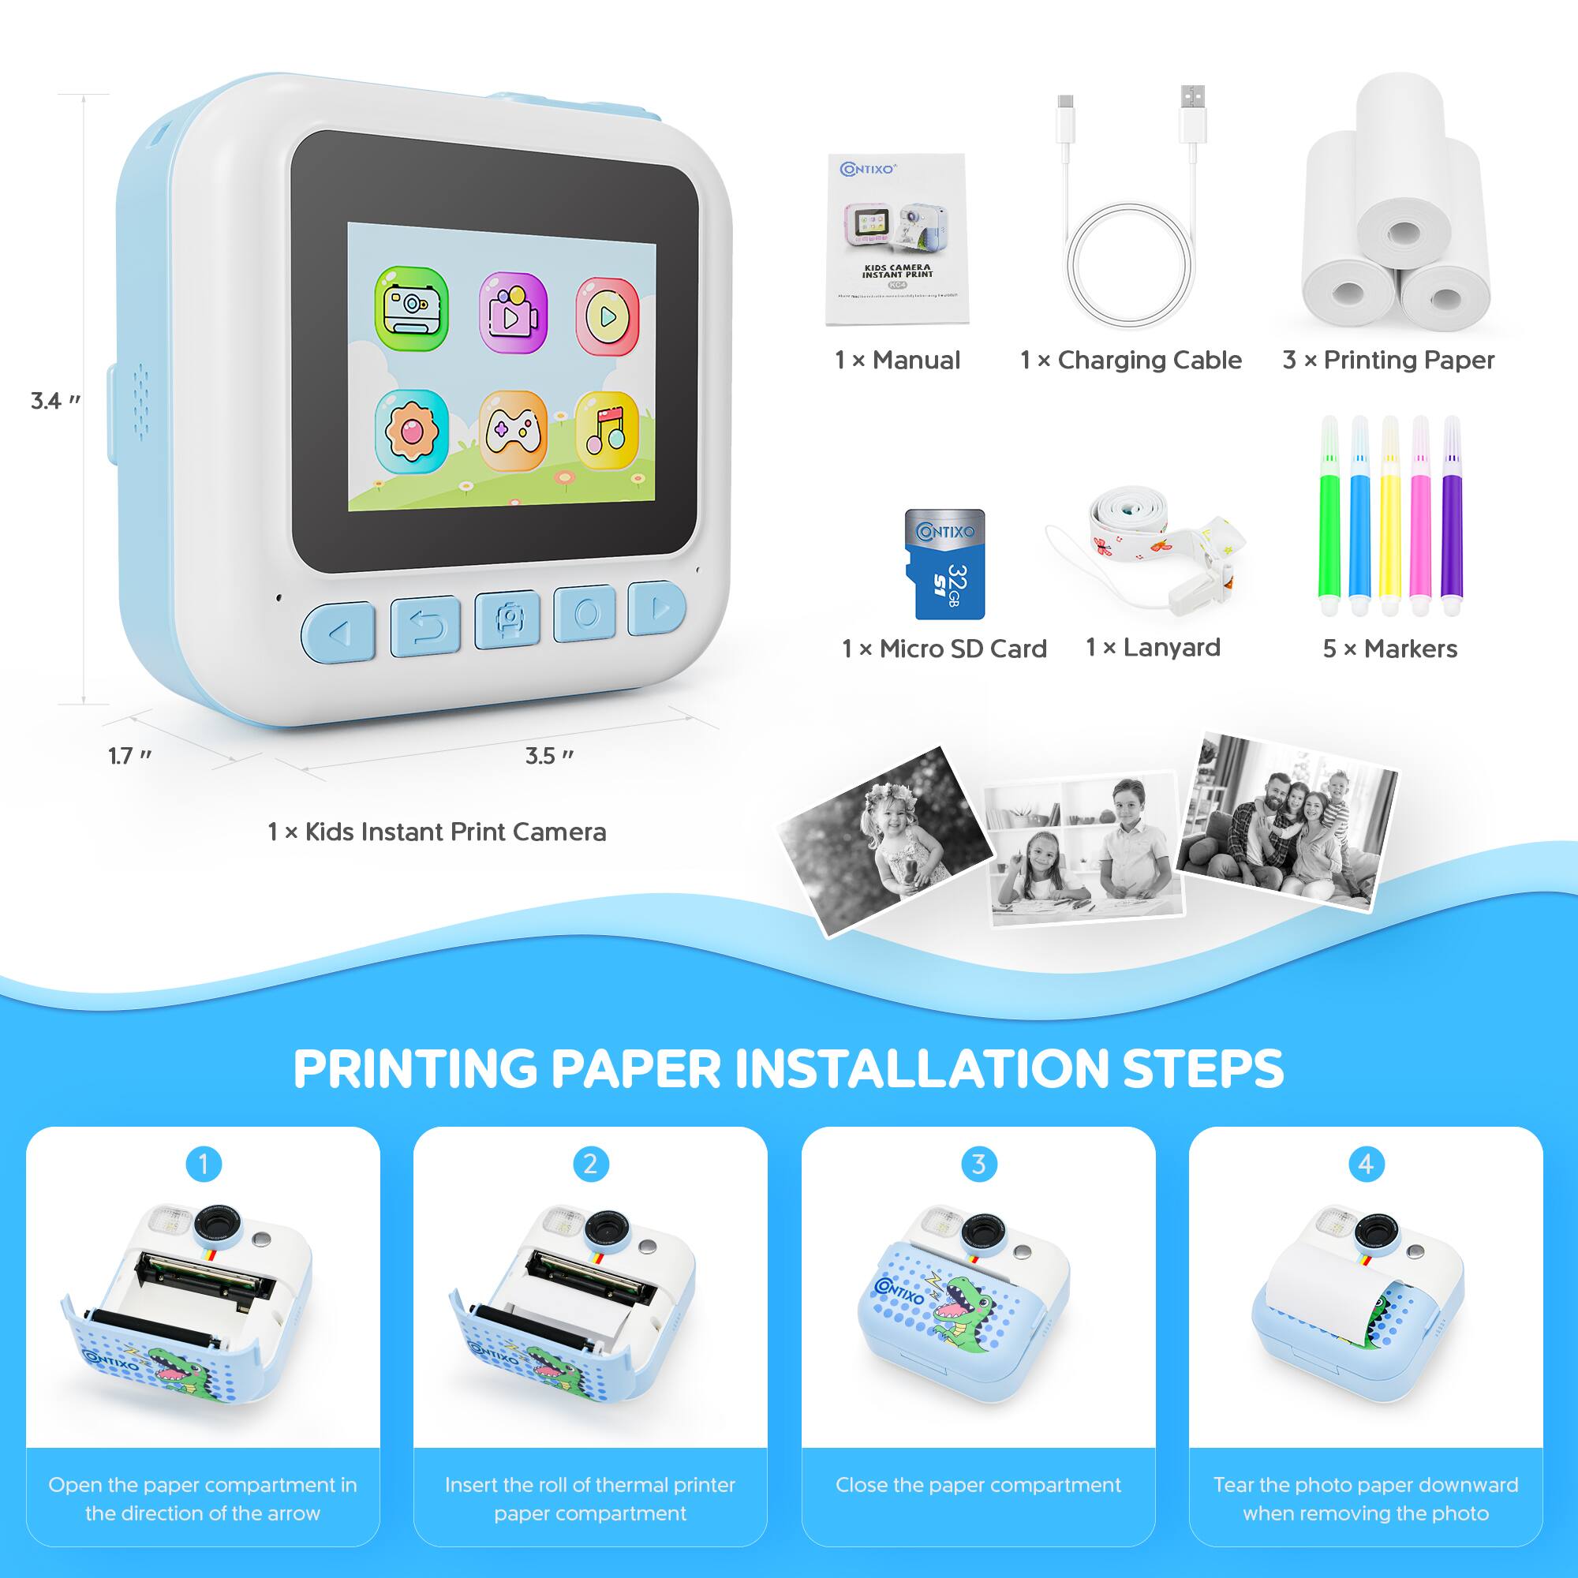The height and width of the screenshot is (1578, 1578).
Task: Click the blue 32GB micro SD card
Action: pos(945,563)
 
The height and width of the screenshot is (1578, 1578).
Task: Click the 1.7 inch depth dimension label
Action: pos(130,757)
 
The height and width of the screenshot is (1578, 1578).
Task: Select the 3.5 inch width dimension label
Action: pos(549,757)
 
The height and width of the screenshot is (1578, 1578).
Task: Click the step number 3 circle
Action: pos(978,1163)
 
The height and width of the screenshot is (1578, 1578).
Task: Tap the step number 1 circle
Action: pos(204,1163)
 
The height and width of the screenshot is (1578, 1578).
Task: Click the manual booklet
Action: pos(897,240)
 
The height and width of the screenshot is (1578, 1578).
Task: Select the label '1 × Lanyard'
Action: pos(1153,648)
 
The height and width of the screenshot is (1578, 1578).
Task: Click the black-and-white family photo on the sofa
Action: pos(1286,821)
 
